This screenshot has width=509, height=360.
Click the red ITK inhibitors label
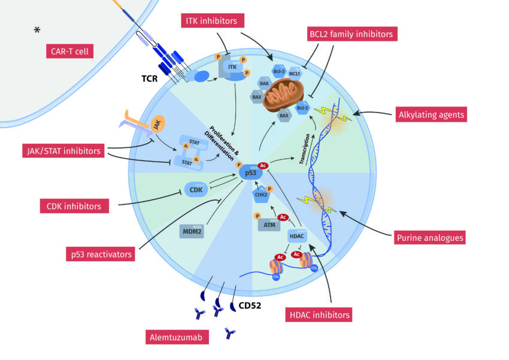tap(209, 21)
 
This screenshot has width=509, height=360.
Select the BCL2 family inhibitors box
tap(351, 34)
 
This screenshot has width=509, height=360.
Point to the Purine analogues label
tap(429, 237)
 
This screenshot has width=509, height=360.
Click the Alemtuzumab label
tap(178, 338)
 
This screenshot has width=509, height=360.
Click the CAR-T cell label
tap(68, 52)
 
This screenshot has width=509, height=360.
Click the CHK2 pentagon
tap(261, 193)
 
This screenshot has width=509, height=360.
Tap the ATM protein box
tap(269, 225)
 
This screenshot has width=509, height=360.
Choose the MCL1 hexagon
tap(295, 74)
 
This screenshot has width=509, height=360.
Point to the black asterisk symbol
tap(37, 31)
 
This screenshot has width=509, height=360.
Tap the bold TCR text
tap(150, 78)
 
